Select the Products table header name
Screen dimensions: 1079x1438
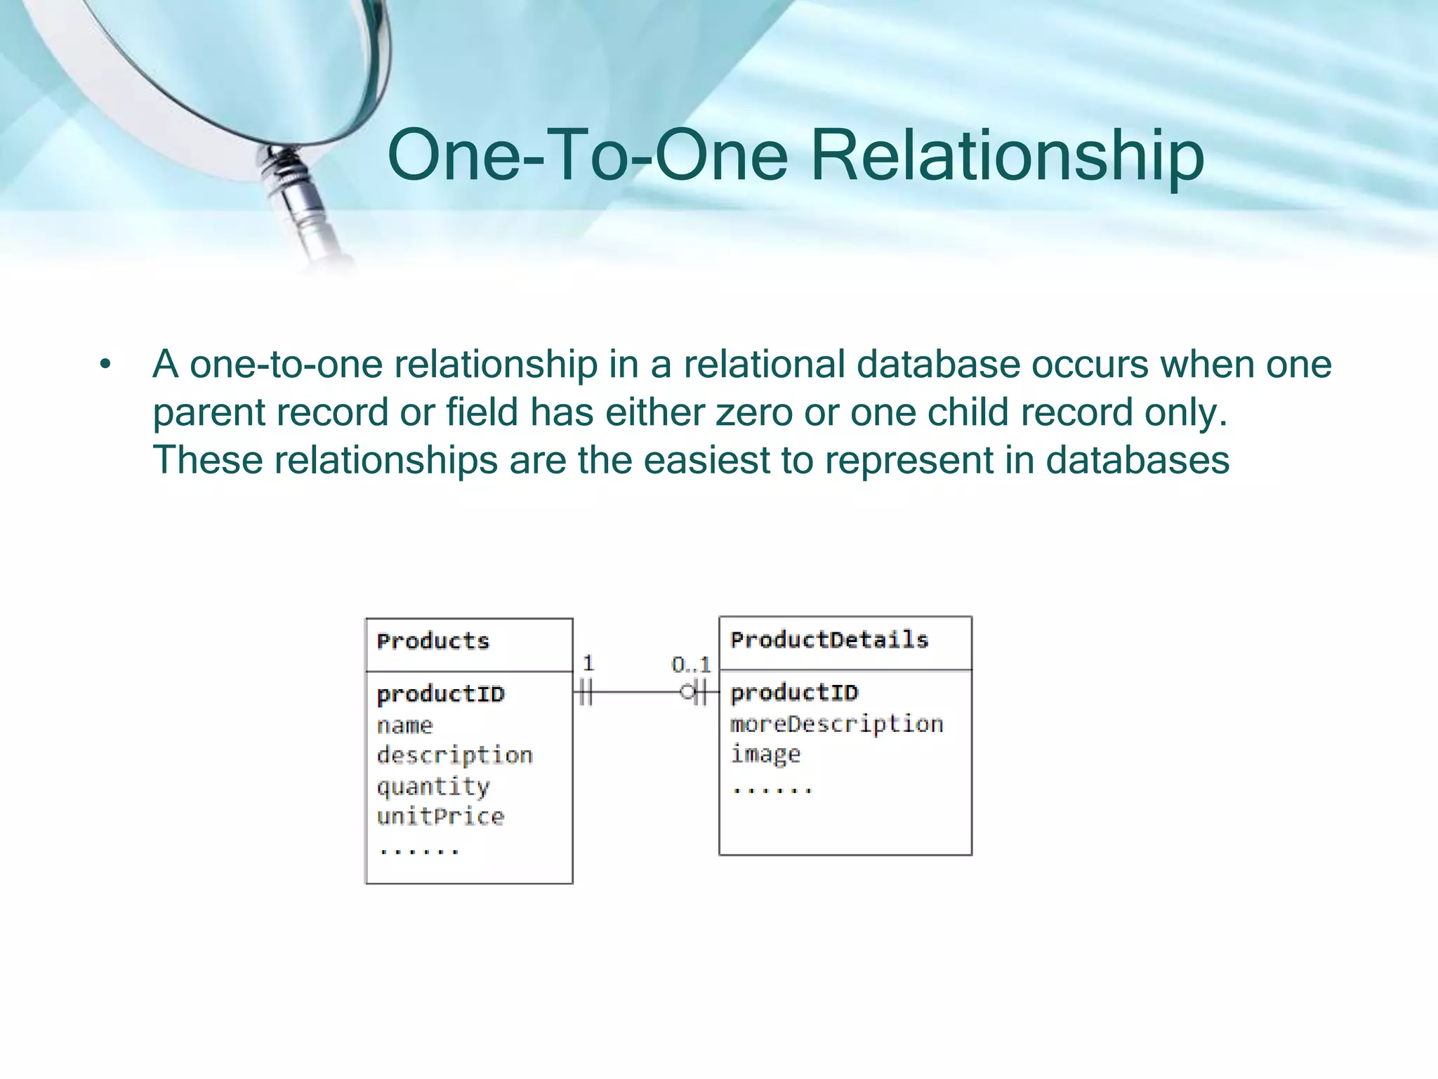click(x=433, y=641)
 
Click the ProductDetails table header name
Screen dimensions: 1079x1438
click(x=829, y=640)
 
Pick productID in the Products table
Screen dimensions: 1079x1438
click(x=441, y=695)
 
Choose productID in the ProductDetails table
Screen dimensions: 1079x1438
click(x=794, y=693)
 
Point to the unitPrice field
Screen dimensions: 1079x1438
click(x=440, y=816)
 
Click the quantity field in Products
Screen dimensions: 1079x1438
click(x=433, y=786)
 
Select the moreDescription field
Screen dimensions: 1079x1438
click(x=836, y=724)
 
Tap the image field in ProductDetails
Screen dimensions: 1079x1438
click(x=765, y=754)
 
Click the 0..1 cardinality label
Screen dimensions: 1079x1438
click(x=691, y=665)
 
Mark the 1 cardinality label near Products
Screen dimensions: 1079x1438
click(x=588, y=663)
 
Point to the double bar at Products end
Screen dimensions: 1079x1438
click(x=586, y=693)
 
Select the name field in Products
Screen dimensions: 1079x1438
click(x=405, y=726)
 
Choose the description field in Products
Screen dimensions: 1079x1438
click(x=455, y=756)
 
